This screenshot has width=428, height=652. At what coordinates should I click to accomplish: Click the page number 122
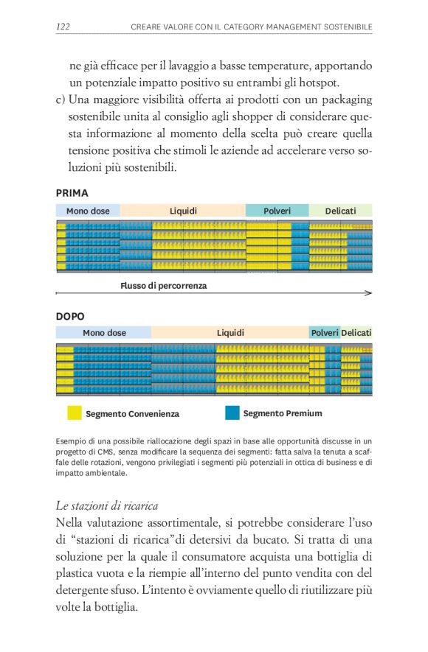pos(63,27)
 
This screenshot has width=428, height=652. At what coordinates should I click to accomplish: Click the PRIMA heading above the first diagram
pos(72,193)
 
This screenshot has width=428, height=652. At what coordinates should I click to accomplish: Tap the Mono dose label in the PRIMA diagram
pos(88,211)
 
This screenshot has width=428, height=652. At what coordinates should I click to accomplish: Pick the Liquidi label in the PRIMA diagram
pos(183,211)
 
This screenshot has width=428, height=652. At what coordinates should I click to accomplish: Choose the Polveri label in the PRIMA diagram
pos(277,211)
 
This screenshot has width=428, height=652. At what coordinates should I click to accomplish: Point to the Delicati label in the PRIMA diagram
pos(340,211)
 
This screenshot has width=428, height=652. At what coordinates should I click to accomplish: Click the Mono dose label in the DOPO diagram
pos(104,333)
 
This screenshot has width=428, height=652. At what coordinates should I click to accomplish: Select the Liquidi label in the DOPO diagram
pos(230,333)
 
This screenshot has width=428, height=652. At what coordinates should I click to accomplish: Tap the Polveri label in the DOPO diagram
pos(325,333)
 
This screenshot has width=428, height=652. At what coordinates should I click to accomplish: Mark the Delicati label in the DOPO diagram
pos(356,333)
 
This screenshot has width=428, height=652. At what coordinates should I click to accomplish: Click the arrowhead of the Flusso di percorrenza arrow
pos(368,293)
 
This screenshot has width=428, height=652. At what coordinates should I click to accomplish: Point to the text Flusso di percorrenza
pos(163,285)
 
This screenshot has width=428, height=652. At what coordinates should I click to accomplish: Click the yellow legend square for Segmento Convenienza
pos(75,413)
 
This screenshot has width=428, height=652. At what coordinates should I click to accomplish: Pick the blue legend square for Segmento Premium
pos(232,413)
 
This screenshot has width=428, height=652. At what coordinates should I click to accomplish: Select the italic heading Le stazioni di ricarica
pos(106,505)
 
